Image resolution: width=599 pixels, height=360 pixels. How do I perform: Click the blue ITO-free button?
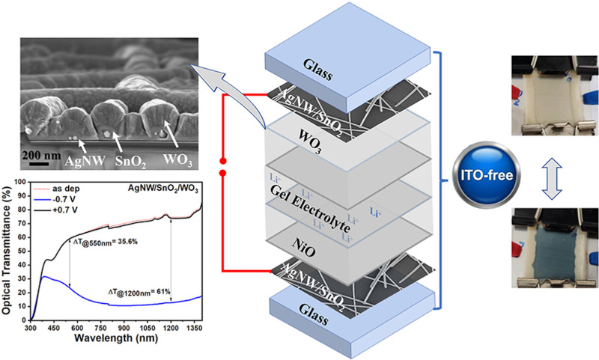[x=486, y=175]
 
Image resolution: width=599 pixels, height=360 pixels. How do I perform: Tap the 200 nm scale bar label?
[x=41, y=156]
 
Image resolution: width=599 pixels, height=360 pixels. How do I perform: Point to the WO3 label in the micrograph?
[x=177, y=160]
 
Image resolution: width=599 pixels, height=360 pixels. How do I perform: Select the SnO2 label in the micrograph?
[x=130, y=162]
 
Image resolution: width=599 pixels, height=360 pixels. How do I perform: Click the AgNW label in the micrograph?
[x=85, y=161]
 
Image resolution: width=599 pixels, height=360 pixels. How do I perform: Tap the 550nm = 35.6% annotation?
[x=105, y=242]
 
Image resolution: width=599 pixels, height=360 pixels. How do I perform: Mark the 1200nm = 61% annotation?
[x=139, y=293]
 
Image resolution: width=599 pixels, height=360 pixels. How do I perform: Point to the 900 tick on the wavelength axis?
[x=124, y=328]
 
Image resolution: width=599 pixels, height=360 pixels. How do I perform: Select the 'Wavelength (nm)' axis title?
[x=115, y=338]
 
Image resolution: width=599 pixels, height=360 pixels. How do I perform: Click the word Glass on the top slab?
[x=318, y=70]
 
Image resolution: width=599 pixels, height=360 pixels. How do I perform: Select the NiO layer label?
[x=305, y=248]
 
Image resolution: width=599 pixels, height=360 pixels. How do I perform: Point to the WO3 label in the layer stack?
[x=308, y=142]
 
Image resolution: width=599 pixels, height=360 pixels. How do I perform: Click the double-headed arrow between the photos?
[x=552, y=179]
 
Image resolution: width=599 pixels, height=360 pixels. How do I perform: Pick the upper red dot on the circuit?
[x=223, y=161]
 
